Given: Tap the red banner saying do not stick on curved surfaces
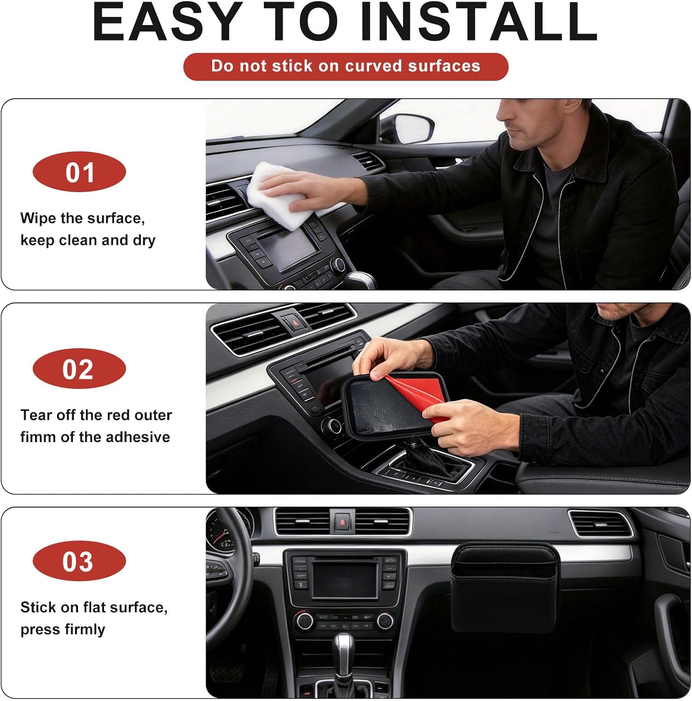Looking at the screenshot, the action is click(346, 66).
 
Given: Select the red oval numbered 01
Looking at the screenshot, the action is click(79, 172).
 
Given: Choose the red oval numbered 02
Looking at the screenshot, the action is click(79, 369).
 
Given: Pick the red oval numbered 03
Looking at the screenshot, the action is click(79, 561).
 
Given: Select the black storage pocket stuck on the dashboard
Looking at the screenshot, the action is click(505, 588).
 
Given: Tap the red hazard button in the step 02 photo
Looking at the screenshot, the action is click(295, 322).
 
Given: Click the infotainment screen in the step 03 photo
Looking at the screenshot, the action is click(345, 580).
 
